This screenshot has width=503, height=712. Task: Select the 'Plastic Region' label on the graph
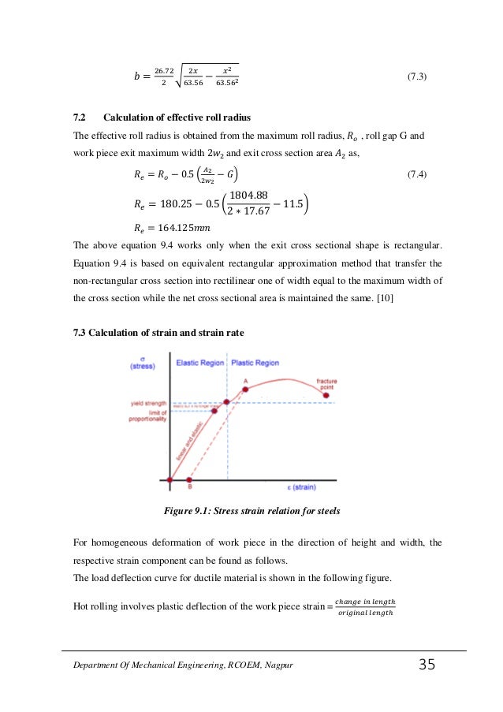pos(255,363)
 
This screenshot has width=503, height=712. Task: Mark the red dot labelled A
pos(245,389)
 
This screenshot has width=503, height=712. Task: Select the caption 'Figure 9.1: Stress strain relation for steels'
pos(251,511)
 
